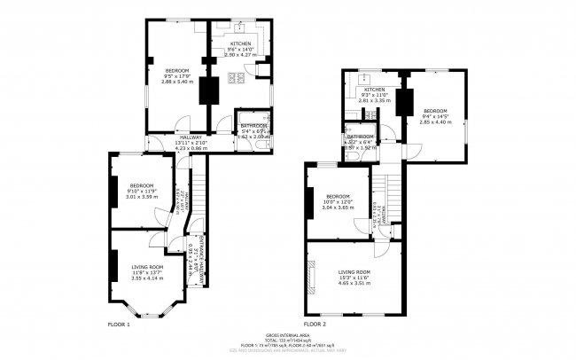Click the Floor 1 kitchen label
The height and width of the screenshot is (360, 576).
[241, 43]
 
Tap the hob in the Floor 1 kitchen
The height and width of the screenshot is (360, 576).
[238, 81]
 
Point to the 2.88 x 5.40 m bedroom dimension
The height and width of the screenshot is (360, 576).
[177, 80]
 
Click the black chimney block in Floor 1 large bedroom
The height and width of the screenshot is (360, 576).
[210, 90]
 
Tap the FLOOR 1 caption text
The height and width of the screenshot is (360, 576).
[118, 325]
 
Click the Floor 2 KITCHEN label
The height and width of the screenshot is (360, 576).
[374, 90]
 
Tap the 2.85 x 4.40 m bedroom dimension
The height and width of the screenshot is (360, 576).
[435, 121]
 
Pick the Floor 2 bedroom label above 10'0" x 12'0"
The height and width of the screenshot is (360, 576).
[339, 196]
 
